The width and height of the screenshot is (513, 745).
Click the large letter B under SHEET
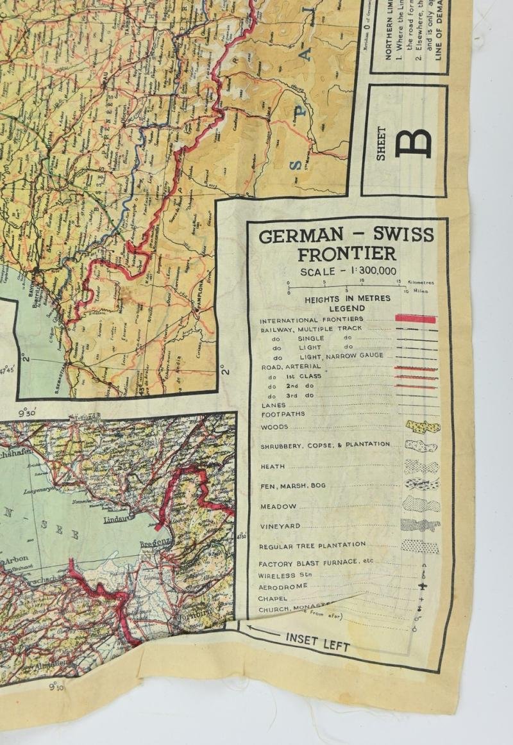[x=413, y=142]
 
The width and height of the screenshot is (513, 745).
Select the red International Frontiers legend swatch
[x=416, y=319]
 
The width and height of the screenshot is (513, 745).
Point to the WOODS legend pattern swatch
[x=423, y=427]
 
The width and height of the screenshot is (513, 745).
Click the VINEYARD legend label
[x=280, y=526]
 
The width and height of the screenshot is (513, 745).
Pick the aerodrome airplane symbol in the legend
[x=422, y=587]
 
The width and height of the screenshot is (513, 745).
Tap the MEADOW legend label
[x=278, y=506]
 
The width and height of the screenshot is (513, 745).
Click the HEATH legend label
[x=273, y=466]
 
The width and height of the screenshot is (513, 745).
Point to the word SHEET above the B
[x=382, y=143]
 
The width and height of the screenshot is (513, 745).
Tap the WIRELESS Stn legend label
[x=287, y=575]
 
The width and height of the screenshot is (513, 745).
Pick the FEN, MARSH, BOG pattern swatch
[x=422, y=484]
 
